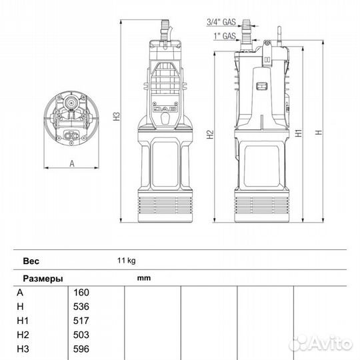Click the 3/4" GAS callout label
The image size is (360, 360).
click(221, 22)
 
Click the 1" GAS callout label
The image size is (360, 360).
click(225, 36)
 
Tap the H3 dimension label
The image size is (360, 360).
click(117, 117)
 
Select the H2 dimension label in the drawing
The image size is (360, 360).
click(210, 134)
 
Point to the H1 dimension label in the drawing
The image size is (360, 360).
click(299, 133)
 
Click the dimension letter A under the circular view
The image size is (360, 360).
click(72, 164)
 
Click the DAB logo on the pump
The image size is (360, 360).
click(165, 109)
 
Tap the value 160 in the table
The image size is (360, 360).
click(81, 293)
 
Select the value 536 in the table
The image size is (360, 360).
click(81, 307)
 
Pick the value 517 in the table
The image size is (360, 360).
click(81, 321)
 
